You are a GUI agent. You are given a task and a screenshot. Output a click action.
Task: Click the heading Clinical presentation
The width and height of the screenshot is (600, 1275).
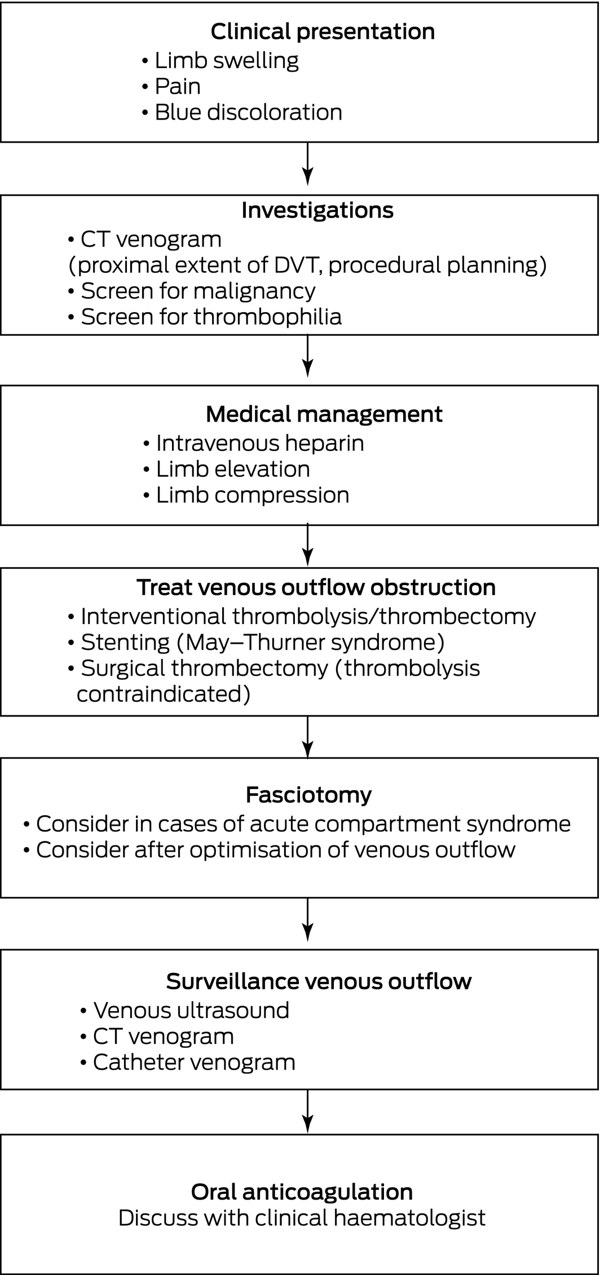coord(323,32)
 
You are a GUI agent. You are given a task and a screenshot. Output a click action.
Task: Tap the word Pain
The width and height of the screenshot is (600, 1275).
coord(178,86)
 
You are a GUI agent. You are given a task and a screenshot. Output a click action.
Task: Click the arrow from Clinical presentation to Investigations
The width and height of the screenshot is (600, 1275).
coord(307,163)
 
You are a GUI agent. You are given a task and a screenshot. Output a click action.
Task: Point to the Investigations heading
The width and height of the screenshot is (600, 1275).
coord(317,210)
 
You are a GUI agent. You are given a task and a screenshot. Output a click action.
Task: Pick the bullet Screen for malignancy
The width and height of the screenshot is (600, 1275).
coord(192,291)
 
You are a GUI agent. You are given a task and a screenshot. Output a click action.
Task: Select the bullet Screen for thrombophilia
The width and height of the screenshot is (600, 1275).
coord(205,317)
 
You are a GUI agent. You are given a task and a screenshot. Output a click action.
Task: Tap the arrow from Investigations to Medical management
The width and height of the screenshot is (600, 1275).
coord(307,356)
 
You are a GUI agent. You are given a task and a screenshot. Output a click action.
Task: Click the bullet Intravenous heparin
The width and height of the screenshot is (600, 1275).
coord(253,443)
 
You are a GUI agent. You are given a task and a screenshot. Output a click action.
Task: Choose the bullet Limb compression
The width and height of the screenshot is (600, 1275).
coord(246,495)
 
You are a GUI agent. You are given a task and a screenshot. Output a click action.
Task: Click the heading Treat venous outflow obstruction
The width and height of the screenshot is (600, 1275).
coord(316,587)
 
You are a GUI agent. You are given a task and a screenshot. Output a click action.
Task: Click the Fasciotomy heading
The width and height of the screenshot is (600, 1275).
coord(308,795)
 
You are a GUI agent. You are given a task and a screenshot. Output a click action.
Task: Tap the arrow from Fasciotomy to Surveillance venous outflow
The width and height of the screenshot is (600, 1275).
coord(307,919)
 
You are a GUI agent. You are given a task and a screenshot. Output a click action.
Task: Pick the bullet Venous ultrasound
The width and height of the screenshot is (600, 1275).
coord(184,1010)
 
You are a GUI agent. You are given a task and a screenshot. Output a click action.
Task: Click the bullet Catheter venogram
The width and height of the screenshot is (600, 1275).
coord(188,1062)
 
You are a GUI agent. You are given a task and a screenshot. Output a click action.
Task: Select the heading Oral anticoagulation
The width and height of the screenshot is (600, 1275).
coord(302,1192)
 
